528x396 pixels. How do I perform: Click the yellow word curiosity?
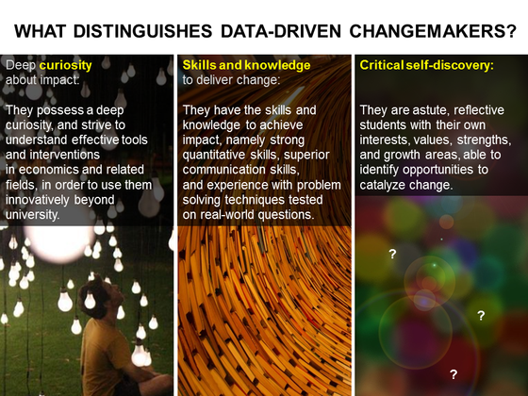pos(66,66)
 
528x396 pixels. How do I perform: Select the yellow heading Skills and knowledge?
pos(246,66)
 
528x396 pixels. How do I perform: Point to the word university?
pos(33,215)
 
